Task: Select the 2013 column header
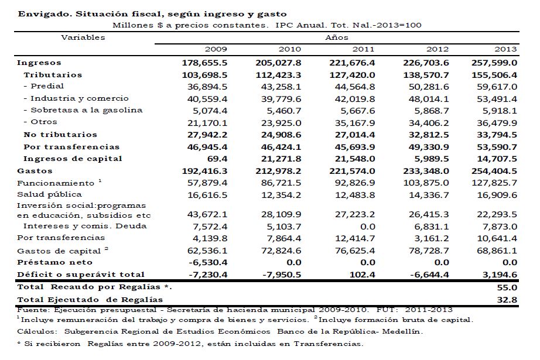click(505, 49)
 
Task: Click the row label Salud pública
click(49, 194)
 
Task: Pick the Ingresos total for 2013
click(494, 63)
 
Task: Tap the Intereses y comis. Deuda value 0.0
click(367, 225)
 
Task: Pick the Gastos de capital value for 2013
click(497, 250)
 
